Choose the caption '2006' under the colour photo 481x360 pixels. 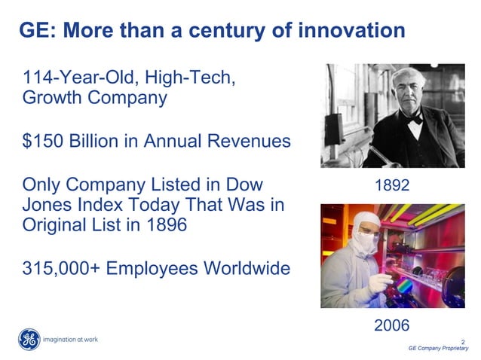point(392,325)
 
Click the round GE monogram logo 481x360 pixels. point(29,340)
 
